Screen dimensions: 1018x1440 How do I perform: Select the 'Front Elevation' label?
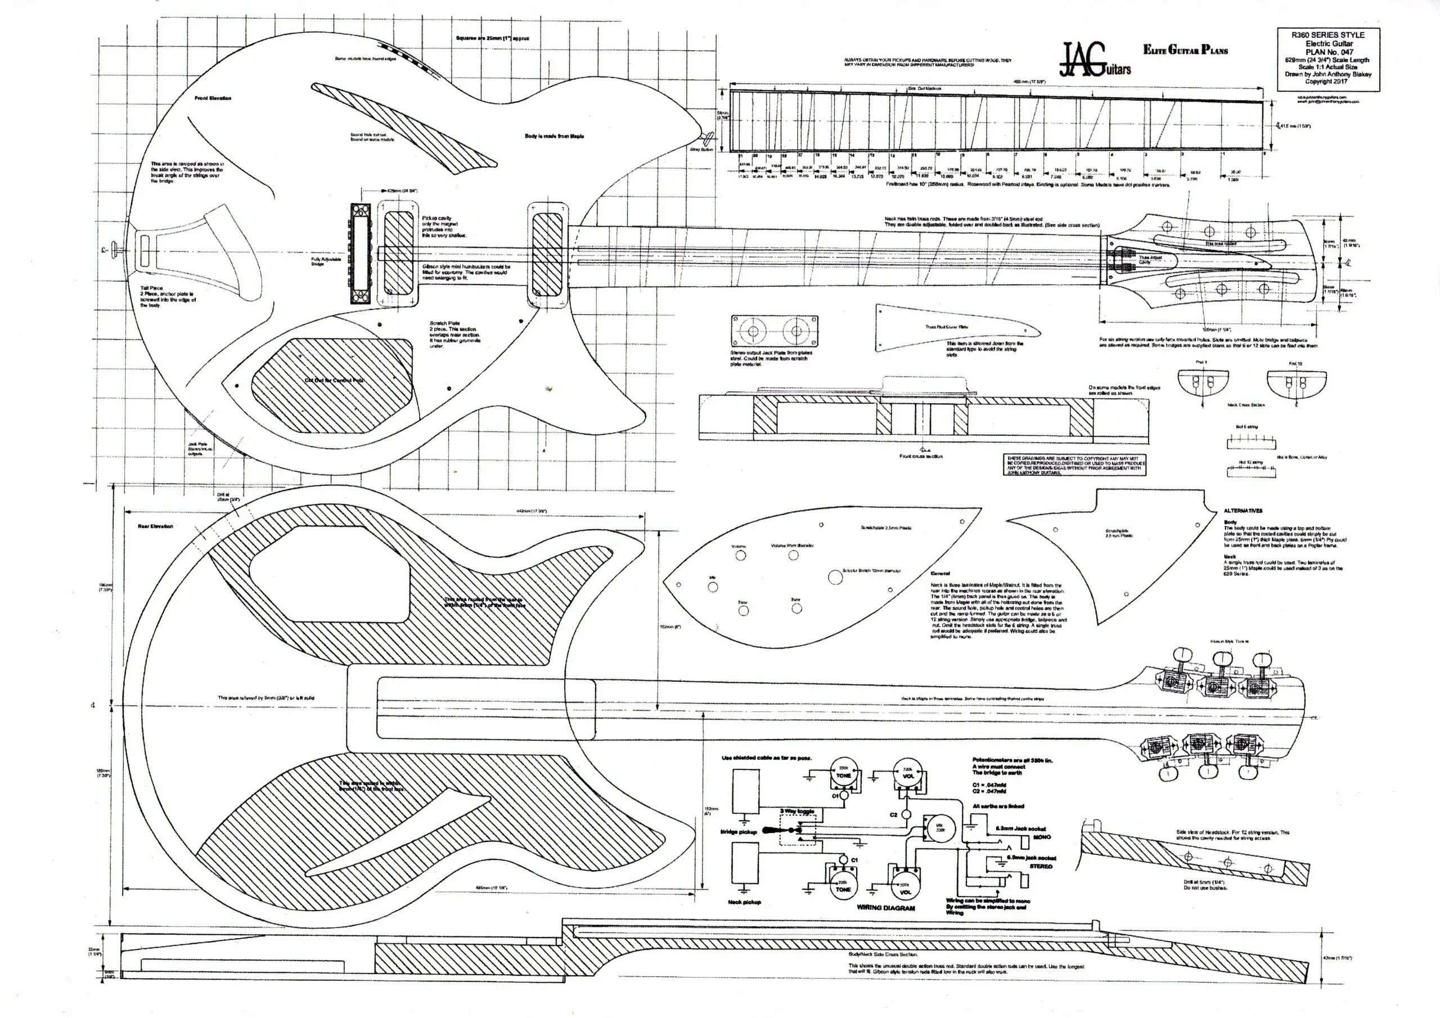pyautogui.click(x=213, y=98)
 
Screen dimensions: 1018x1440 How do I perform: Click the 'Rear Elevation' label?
pyautogui.click(x=156, y=526)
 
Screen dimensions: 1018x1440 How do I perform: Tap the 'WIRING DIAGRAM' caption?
pyautogui.click(x=885, y=908)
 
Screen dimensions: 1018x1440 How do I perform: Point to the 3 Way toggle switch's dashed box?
pyautogui.click(x=796, y=829)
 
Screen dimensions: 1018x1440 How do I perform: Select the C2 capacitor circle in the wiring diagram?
pyautogui.click(x=905, y=816)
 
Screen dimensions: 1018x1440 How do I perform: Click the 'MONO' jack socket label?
pyautogui.click(x=1042, y=837)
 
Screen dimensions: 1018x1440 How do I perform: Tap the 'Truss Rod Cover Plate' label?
pyautogui.click(x=947, y=327)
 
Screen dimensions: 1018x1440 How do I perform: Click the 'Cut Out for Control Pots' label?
pyautogui.click(x=334, y=381)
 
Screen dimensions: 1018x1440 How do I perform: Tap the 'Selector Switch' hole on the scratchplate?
pyautogui.click(x=835, y=577)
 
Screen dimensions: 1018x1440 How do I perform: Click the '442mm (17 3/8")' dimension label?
pyautogui.click(x=531, y=512)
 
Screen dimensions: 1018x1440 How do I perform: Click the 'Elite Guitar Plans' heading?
pyautogui.click(x=1185, y=50)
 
